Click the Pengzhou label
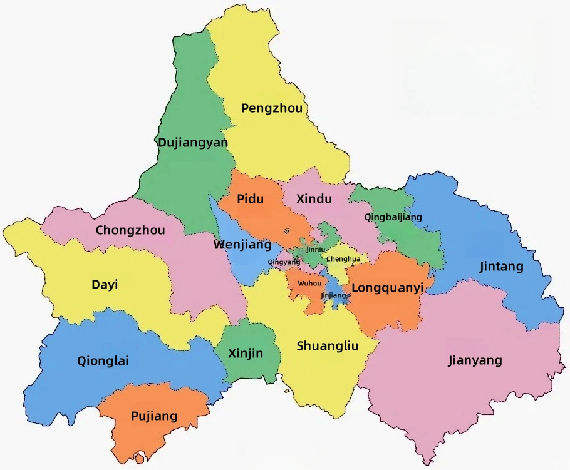(272, 108)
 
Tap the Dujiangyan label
(192, 143)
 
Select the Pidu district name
(250, 199)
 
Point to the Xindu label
(313, 199)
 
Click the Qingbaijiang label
(393, 217)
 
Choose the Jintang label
(501, 267)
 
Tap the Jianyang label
(475, 360)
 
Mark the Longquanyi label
(388, 288)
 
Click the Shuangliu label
(328, 345)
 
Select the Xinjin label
(246, 354)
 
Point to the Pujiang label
(154, 416)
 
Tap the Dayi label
(105, 285)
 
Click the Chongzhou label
(130, 230)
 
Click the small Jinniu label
(316, 249)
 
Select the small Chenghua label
(344, 258)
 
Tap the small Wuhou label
(309, 284)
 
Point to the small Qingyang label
(284, 262)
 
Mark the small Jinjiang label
(333, 295)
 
